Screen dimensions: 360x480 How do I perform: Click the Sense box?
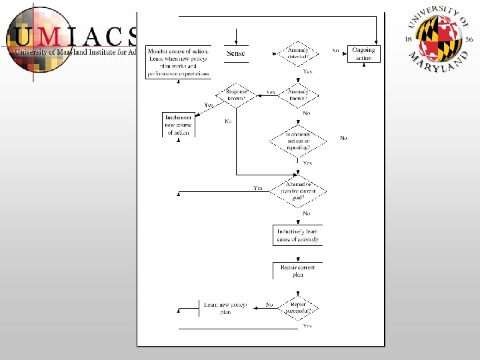click(236, 53)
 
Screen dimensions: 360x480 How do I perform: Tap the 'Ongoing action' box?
click(363, 54)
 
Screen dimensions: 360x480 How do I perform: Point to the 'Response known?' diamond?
click(236, 95)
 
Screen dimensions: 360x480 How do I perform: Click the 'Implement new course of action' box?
click(179, 125)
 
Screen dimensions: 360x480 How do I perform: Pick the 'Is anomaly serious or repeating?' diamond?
click(298, 138)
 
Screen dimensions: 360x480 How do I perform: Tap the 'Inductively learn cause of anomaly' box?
click(297, 235)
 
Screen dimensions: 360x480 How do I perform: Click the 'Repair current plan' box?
click(297, 271)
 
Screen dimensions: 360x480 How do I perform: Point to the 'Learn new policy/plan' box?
click(225, 308)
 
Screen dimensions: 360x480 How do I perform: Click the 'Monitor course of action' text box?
click(178, 62)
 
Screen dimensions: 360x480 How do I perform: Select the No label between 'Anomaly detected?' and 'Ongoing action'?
click(335, 51)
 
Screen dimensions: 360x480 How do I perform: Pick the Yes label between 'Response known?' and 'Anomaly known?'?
click(271, 93)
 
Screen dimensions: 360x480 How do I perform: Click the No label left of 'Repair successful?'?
click(269, 305)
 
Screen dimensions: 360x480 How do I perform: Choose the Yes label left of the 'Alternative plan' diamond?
click(258, 188)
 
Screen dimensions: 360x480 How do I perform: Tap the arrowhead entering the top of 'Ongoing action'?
click(377, 42)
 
